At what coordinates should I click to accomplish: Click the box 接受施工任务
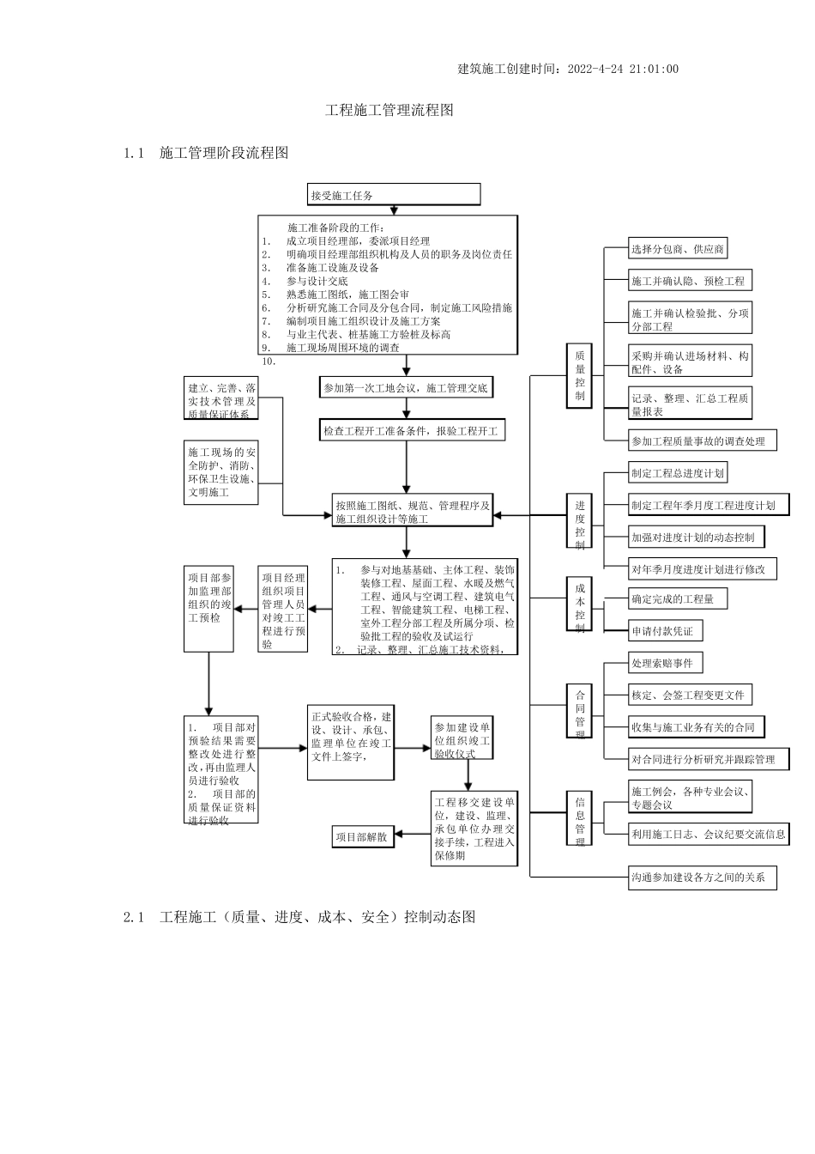(x=394, y=195)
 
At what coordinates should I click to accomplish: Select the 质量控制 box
(x=580, y=376)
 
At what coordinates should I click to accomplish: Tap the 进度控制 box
(x=580, y=520)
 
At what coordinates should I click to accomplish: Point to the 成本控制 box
(x=580, y=604)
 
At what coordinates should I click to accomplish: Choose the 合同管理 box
(x=580, y=710)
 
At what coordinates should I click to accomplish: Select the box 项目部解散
(x=364, y=836)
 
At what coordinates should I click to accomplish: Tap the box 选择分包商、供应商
(x=678, y=249)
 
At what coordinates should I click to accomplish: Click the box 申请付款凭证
(x=661, y=631)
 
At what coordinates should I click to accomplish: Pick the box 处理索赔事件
(x=661, y=663)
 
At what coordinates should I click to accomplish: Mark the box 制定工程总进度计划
(x=678, y=473)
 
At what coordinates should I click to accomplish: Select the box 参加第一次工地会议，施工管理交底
(x=406, y=388)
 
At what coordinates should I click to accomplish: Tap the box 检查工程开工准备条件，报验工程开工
(x=411, y=431)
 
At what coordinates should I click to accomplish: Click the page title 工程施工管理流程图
(x=389, y=111)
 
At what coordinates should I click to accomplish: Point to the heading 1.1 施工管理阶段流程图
(x=206, y=153)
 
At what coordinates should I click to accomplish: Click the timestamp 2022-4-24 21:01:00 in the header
(x=624, y=70)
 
